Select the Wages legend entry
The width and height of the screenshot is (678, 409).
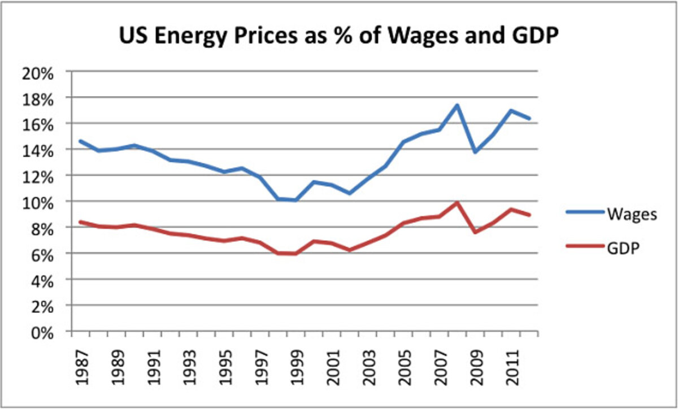631,214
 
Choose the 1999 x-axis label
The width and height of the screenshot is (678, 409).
295,367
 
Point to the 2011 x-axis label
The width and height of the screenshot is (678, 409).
511,367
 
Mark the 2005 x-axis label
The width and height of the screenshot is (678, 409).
403,367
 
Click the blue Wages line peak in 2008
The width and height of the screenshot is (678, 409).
457,105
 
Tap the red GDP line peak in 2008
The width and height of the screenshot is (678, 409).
457,202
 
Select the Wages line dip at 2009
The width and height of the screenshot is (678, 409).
475,152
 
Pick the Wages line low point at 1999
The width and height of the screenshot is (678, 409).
295,200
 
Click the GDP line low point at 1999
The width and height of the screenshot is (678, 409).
295,254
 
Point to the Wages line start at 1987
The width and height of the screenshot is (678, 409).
80,141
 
